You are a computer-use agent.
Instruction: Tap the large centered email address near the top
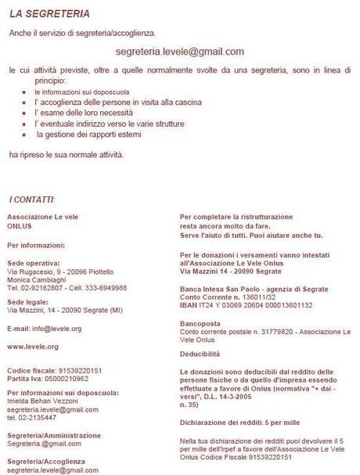click(x=179, y=52)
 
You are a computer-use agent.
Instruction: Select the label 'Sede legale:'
click(x=26, y=301)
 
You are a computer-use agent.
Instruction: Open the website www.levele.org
click(x=33, y=345)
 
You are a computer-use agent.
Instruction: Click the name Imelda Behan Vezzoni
click(x=45, y=401)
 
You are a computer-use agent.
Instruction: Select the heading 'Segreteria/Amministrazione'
click(x=53, y=435)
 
